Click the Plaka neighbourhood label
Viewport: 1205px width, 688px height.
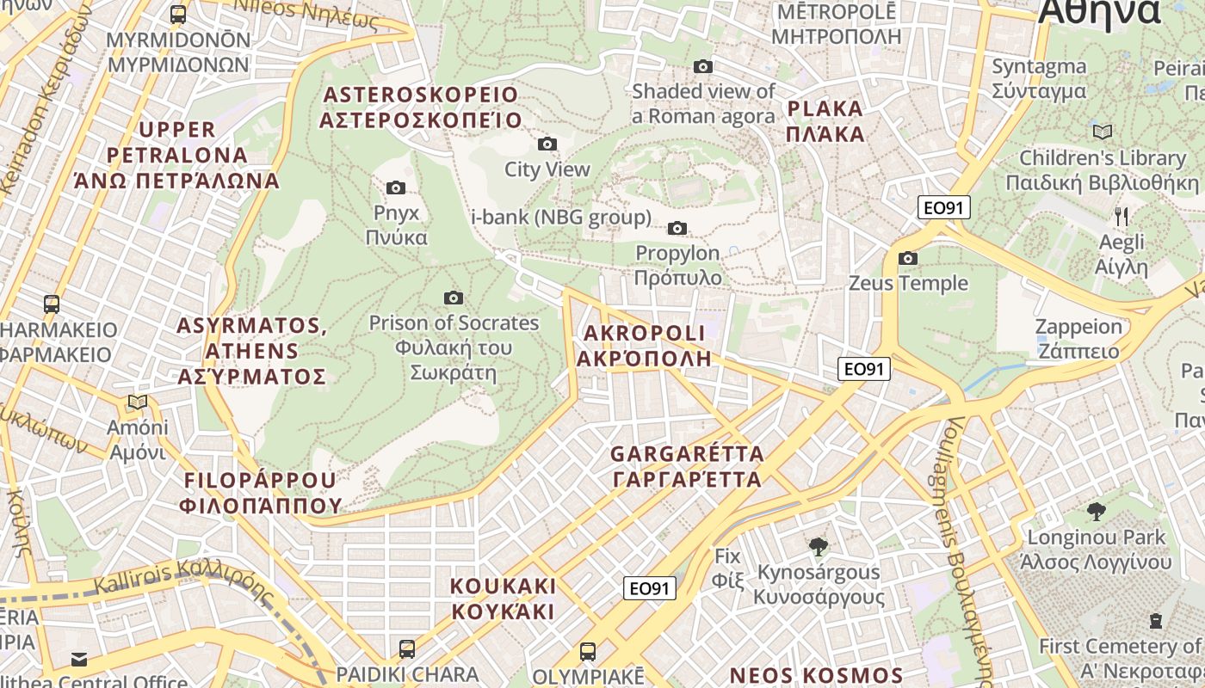click(x=825, y=121)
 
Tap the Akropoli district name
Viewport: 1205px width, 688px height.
click(x=644, y=346)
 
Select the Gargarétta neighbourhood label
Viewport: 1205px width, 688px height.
click(x=687, y=466)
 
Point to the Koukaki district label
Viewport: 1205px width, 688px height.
click(x=504, y=599)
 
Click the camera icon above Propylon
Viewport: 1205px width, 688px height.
click(x=677, y=228)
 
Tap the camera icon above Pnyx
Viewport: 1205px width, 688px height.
click(x=396, y=187)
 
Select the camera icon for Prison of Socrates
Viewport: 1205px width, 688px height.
click(x=454, y=298)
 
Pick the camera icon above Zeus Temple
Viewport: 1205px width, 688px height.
click(x=907, y=258)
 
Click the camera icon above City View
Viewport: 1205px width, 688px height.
click(x=547, y=144)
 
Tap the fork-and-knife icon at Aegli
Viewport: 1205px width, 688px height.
click(x=1121, y=216)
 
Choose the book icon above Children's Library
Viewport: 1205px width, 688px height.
click(x=1102, y=132)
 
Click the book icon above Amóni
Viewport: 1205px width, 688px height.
click(x=137, y=402)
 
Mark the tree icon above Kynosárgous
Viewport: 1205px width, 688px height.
click(x=819, y=546)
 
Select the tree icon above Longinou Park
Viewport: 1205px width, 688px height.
click(x=1096, y=512)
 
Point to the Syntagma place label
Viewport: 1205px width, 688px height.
click(x=1039, y=78)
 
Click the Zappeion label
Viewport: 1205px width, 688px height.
click(x=1078, y=339)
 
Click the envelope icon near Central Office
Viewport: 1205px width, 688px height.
click(x=79, y=660)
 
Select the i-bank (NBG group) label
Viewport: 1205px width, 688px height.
click(x=561, y=217)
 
